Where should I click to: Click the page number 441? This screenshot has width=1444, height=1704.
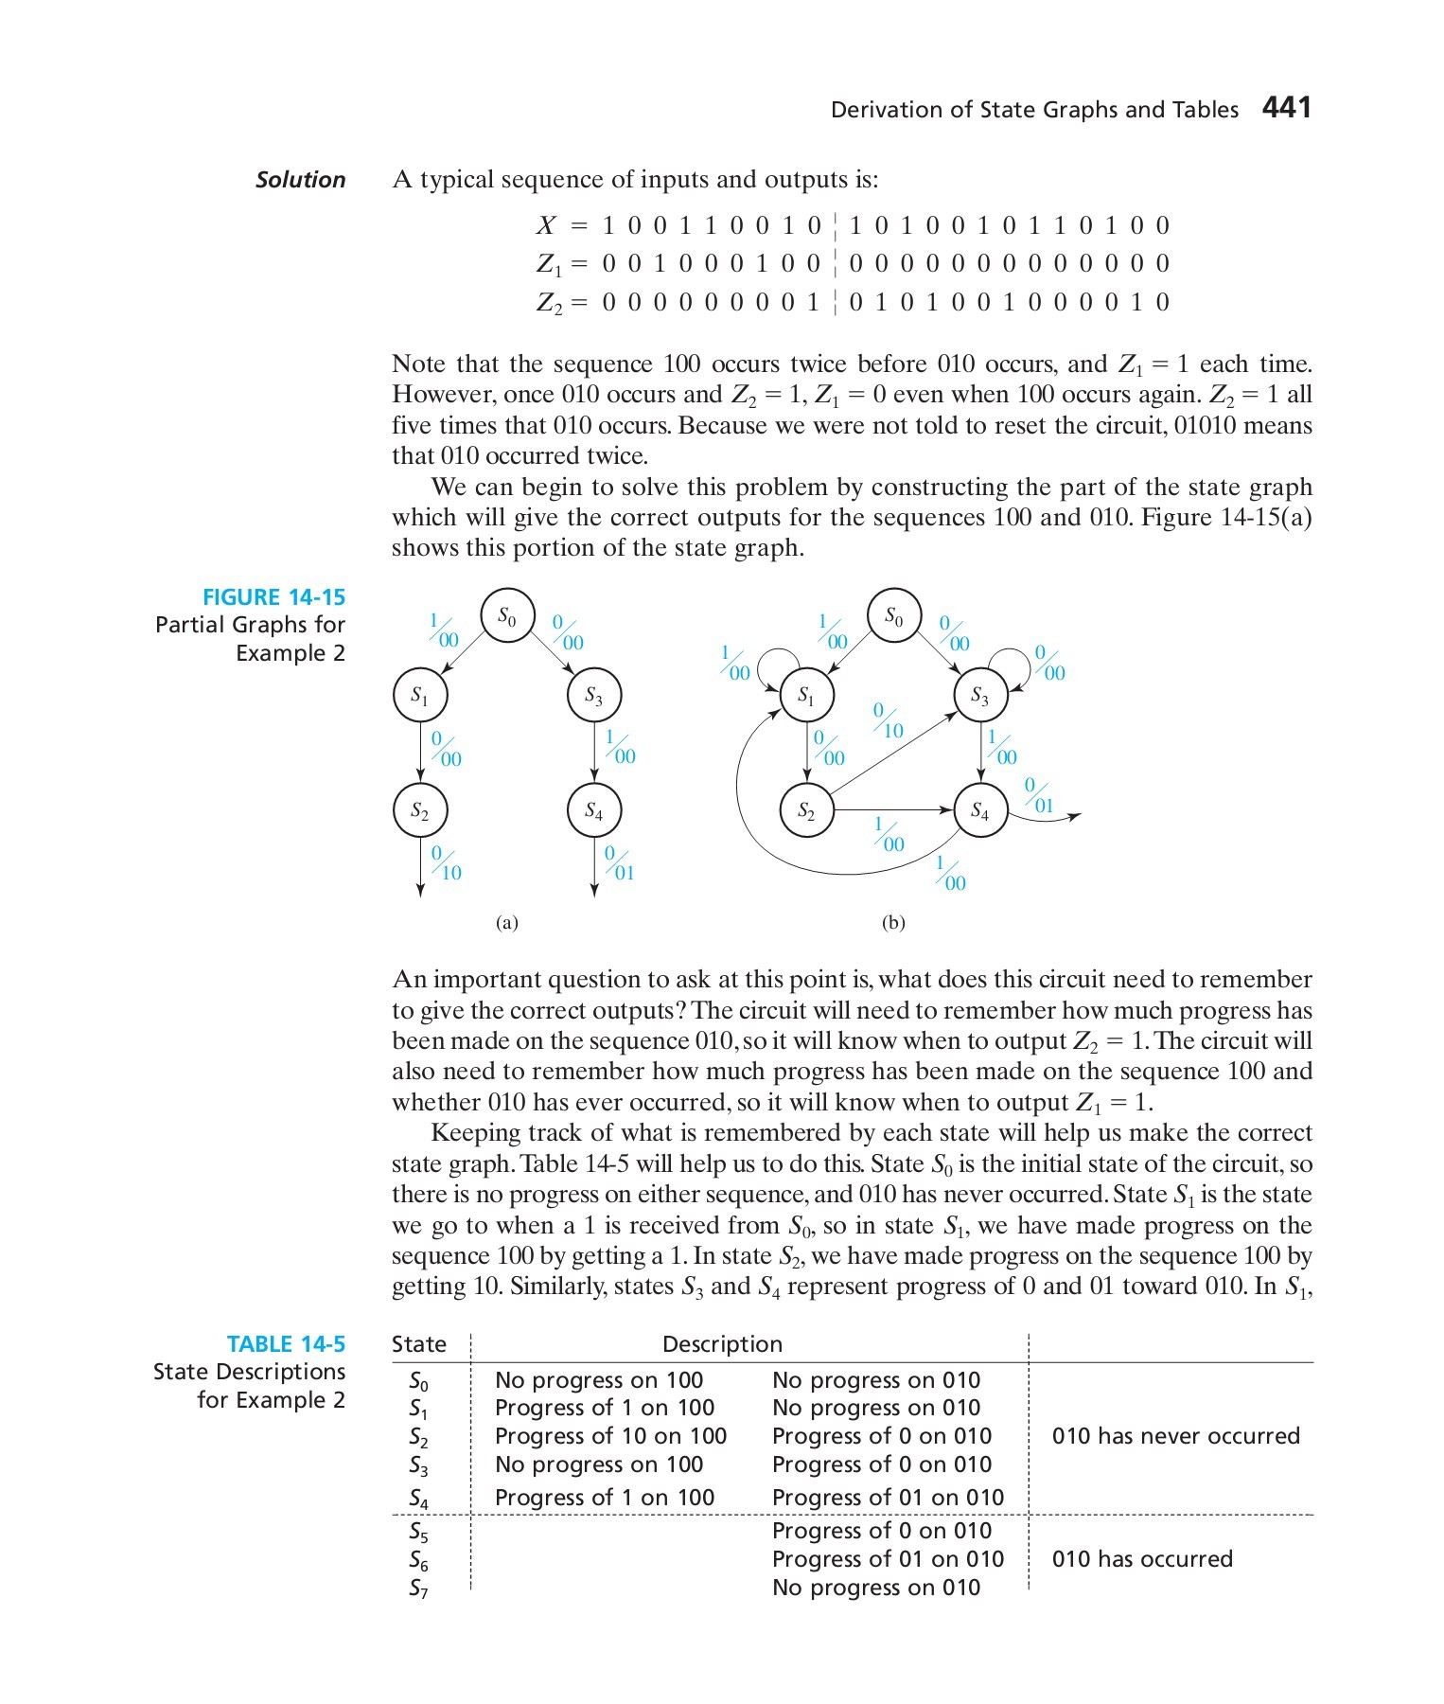[x=1286, y=108]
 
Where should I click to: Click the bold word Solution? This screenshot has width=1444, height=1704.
[x=300, y=180]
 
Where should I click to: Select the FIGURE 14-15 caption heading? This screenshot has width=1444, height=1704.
[x=273, y=597]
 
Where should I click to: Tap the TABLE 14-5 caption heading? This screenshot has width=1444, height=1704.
[x=286, y=1344]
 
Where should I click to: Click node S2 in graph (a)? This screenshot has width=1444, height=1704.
[x=419, y=811]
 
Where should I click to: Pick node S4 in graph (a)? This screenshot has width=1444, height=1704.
[x=593, y=811]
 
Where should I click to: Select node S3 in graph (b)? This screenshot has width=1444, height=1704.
[x=979, y=697]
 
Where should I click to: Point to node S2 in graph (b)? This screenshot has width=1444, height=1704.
[x=805, y=811]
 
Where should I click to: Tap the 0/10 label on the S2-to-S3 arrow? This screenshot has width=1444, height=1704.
[x=888, y=721]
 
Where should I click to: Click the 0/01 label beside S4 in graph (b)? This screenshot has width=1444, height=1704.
[x=1039, y=797]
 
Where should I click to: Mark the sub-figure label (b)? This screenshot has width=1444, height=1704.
[x=893, y=923]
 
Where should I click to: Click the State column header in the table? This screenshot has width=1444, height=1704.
[x=418, y=1344]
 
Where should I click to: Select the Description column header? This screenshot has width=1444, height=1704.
[x=722, y=1344]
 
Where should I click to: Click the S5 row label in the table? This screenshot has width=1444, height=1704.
[x=418, y=1532]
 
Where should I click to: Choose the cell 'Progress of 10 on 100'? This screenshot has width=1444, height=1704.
[x=610, y=1436]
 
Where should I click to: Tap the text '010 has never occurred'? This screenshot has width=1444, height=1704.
[x=1175, y=1436]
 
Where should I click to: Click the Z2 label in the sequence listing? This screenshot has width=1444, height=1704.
[x=549, y=303]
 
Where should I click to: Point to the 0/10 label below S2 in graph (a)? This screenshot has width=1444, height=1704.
[x=446, y=863]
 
